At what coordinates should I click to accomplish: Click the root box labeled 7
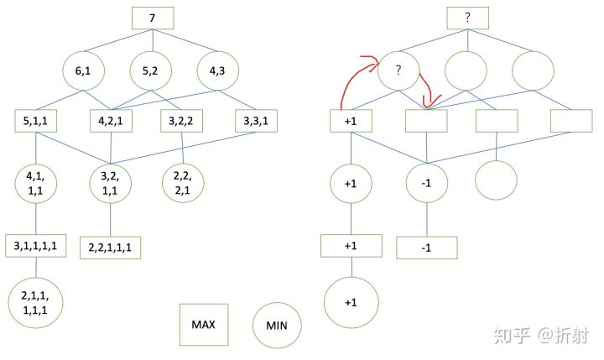[x=152, y=18]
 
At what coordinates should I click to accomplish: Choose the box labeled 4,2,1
[x=111, y=120]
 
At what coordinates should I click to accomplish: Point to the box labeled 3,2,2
[x=182, y=120]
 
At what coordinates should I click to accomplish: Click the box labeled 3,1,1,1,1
[x=39, y=245]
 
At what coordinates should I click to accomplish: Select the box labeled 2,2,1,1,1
[x=111, y=248]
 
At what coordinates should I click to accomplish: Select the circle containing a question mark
[x=400, y=72]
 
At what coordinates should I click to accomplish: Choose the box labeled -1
[x=426, y=248]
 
